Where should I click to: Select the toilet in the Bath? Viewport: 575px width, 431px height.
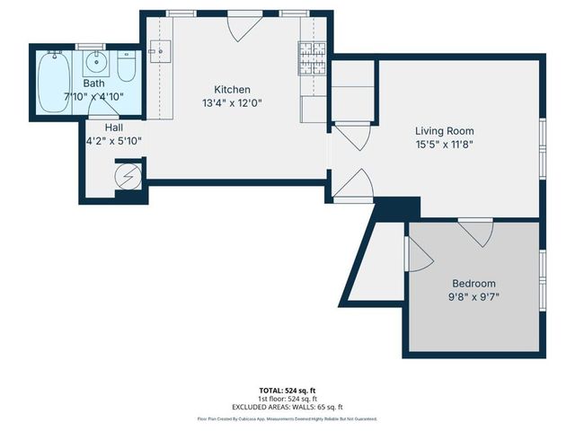click(x=127, y=66)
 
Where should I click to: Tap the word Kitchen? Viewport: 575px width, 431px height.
click(x=231, y=90)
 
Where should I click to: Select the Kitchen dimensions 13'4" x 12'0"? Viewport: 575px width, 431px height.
click(x=231, y=102)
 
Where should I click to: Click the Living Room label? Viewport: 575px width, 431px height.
click(x=443, y=130)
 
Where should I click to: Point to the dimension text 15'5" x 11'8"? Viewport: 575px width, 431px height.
click(x=443, y=144)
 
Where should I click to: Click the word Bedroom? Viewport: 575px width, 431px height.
click(x=473, y=284)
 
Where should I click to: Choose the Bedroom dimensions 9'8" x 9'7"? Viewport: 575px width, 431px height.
click(x=473, y=297)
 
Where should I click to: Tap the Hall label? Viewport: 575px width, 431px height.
click(x=113, y=128)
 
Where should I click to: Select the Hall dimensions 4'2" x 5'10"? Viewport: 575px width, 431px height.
click(x=113, y=141)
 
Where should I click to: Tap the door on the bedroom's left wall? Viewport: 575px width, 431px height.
click(x=418, y=255)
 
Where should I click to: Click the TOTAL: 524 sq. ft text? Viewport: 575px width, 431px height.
click(x=287, y=390)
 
